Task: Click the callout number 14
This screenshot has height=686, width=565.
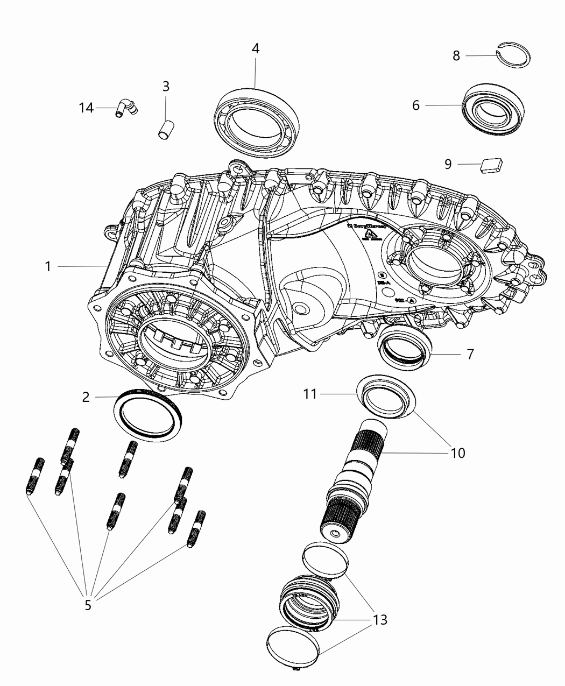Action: [x=86, y=108]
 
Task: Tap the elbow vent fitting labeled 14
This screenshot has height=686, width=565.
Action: [x=126, y=107]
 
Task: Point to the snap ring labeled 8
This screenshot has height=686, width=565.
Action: [x=514, y=55]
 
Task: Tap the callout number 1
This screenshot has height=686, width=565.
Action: [x=48, y=266]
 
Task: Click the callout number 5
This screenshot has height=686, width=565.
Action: [x=88, y=605]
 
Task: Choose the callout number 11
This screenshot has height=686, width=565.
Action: [x=310, y=394]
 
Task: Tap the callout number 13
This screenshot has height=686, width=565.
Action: [x=379, y=620]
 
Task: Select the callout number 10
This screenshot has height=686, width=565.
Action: [x=457, y=452]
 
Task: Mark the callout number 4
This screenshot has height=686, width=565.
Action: [x=256, y=48]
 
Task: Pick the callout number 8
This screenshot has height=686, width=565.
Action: [x=456, y=55]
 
